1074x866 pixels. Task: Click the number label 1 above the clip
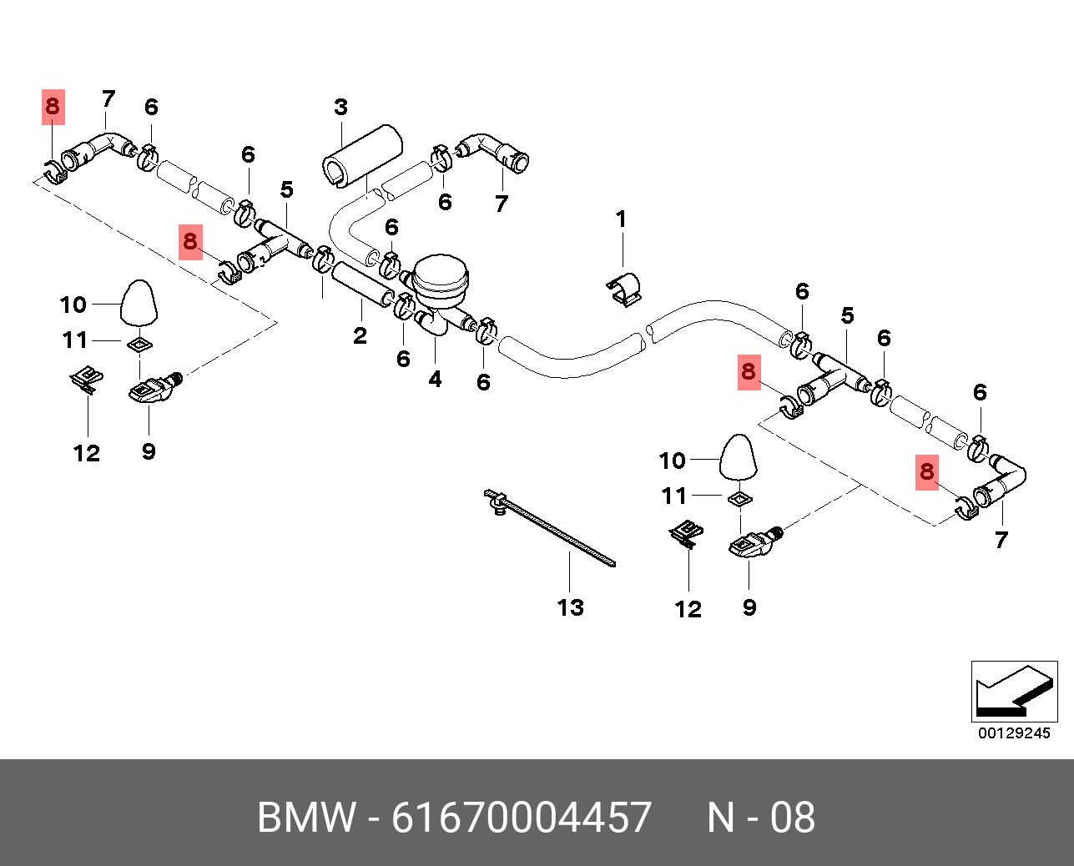coord(621,219)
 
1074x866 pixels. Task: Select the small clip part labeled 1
coord(623,288)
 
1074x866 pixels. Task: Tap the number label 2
coord(360,336)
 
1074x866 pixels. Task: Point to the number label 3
coord(340,108)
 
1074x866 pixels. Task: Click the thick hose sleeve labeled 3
coord(361,154)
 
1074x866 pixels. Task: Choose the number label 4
coord(435,380)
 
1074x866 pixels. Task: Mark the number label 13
coord(571,607)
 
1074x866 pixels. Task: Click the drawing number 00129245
coord(1014,733)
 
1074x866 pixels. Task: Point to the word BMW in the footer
coord(306,817)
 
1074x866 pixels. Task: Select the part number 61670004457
coord(522,817)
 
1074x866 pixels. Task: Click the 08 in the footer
coord(792,817)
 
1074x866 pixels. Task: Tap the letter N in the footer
coord(720,817)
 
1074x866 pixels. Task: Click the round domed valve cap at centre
coord(442,274)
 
